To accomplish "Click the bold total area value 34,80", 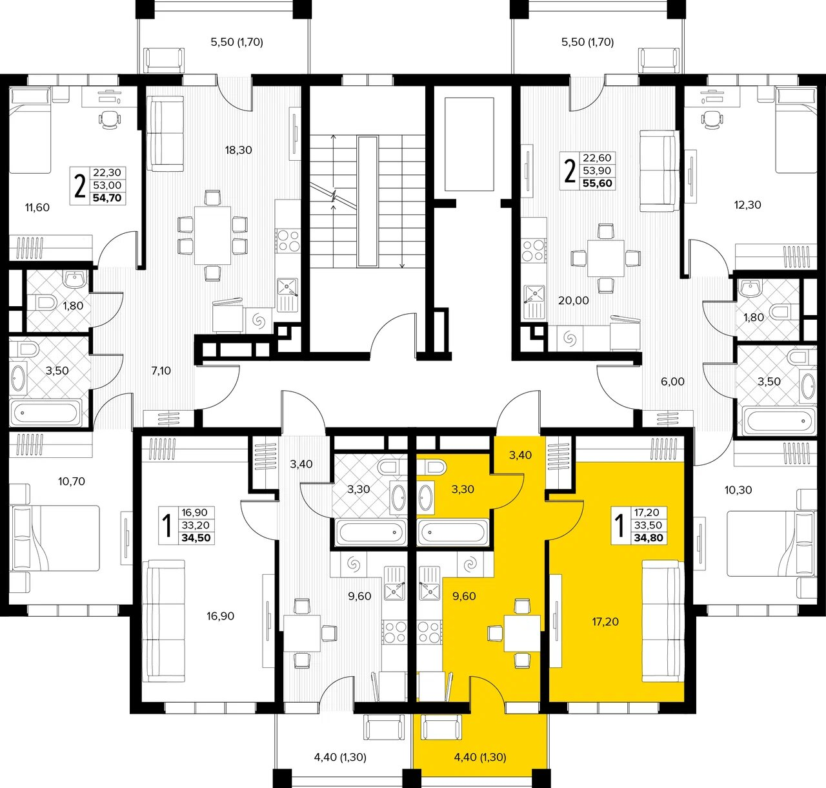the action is [x=649, y=538].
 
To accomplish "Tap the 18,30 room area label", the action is [x=238, y=150].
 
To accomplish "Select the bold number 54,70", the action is [x=107, y=198].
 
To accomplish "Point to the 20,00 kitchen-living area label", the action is [x=574, y=300].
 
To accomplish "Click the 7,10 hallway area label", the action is [x=161, y=371].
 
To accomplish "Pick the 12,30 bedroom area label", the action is [x=747, y=205].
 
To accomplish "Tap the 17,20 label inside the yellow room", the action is [x=605, y=621].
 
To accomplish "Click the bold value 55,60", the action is [x=598, y=183].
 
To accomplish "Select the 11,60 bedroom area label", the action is [x=37, y=207].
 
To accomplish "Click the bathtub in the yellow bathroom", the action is [x=453, y=532].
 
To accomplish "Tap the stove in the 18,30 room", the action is [x=288, y=240].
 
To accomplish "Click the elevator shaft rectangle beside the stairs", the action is [x=469, y=144].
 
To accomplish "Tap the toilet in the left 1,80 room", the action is [x=42, y=302].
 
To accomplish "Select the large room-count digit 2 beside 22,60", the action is [x=569, y=172].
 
